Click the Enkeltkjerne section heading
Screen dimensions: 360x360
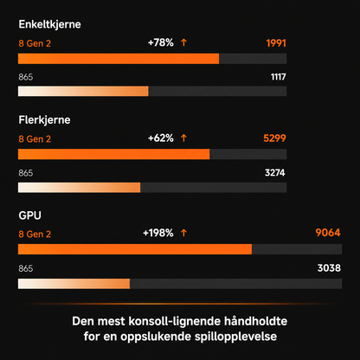(49, 24)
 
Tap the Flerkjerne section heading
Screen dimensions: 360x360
(44, 120)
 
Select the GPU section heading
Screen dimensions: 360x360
(29, 215)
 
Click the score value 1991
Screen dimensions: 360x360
(276, 43)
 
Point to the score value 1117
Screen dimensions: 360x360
(278, 77)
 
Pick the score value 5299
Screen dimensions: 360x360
(274, 138)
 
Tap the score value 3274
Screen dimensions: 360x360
(275, 173)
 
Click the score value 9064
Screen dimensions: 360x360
(328, 233)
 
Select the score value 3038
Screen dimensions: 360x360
(329, 268)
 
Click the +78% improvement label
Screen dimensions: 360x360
(161, 42)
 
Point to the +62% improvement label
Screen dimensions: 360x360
(161, 138)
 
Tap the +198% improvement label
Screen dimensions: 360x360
(158, 233)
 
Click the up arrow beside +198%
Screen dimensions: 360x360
(183, 233)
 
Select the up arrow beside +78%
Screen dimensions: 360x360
(183, 42)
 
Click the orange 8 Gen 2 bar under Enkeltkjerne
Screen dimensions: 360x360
(119, 59)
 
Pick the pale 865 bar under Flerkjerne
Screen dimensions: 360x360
(80, 188)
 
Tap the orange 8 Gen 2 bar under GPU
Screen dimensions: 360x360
(135, 249)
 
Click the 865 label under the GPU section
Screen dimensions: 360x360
(26, 268)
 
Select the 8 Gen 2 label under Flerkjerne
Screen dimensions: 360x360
(35, 139)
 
